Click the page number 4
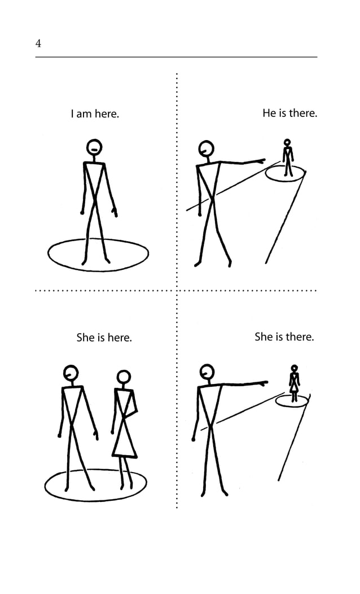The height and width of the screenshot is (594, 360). (x=38, y=43)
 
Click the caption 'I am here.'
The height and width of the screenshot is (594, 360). (x=95, y=114)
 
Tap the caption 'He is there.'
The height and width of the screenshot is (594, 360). (x=289, y=113)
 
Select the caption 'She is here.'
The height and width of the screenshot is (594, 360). (x=104, y=338)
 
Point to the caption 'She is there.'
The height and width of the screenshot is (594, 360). (x=284, y=337)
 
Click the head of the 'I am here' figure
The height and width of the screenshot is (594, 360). (x=94, y=147)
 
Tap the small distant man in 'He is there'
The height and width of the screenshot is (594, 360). (x=288, y=156)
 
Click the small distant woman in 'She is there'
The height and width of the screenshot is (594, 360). (x=294, y=383)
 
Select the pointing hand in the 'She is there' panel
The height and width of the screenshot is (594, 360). (x=264, y=383)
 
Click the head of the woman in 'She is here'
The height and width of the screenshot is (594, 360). (x=124, y=377)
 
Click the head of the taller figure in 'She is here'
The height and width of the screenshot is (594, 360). (x=71, y=372)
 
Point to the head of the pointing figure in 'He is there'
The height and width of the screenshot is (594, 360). (x=207, y=148)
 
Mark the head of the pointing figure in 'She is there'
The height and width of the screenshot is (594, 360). (x=207, y=371)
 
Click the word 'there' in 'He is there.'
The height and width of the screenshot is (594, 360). (x=303, y=113)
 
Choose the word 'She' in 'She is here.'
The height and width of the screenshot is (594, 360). (x=85, y=338)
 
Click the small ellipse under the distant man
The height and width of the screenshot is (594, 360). (x=286, y=173)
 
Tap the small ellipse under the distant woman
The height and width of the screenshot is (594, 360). (x=292, y=401)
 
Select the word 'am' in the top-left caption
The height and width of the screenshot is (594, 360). (x=84, y=114)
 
